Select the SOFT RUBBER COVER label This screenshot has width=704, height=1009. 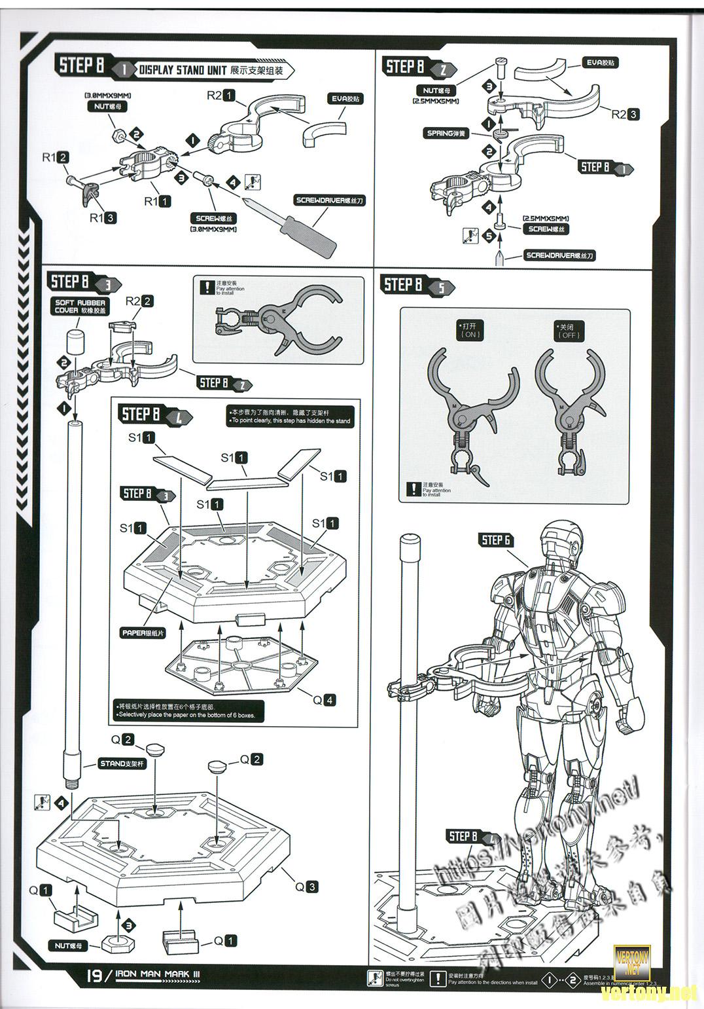coord(80,306)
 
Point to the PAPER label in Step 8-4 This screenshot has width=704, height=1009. coord(143,633)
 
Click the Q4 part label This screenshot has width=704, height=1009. coord(323,700)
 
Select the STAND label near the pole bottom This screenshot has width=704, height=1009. coord(122,763)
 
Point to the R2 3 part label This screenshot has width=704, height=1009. coord(625,114)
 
